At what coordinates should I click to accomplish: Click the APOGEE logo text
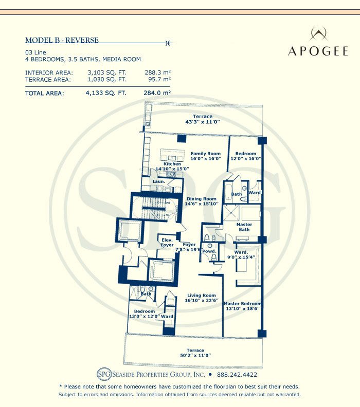pyautogui.click(x=318, y=51)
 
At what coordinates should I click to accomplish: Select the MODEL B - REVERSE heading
pyautogui.click(x=62, y=40)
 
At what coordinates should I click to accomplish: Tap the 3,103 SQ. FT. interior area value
pyautogui.click(x=107, y=72)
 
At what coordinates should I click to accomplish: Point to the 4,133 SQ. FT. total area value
pyautogui.click(x=106, y=94)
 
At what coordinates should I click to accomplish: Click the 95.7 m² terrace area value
pyautogui.click(x=158, y=80)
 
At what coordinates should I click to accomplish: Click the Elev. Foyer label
pyautogui.click(x=167, y=243)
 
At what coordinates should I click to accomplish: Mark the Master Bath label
pyautogui.click(x=244, y=227)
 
